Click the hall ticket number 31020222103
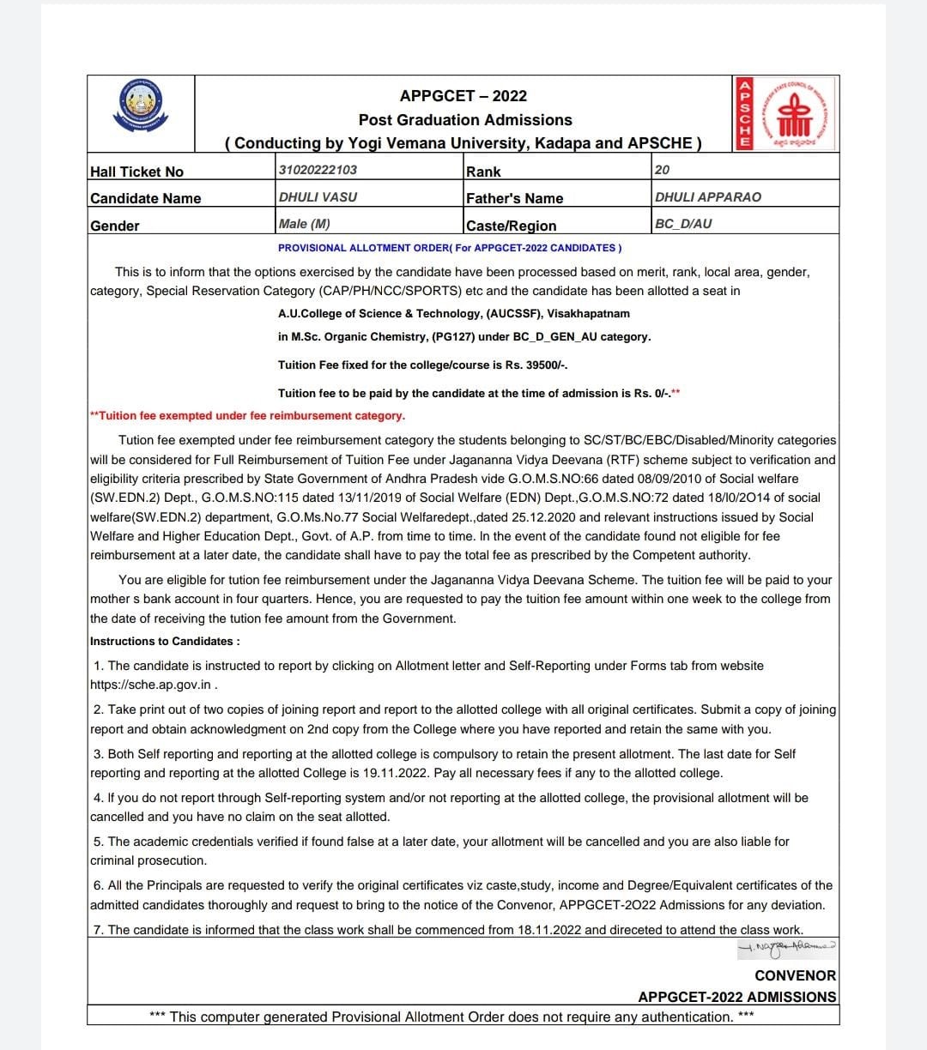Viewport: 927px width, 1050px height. pyautogui.click(x=318, y=170)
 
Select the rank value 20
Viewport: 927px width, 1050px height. pyautogui.click(x=662, y=170)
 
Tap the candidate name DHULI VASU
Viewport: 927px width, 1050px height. pyautogui.click(x=318, y=196)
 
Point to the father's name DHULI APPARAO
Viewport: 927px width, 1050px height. pyautogui.click(x=707, y=196)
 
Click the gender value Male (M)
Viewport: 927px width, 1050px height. pyautogui.click(x=304, y=224)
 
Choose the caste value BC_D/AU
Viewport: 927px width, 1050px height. pyautogui.click(x=683, y=224)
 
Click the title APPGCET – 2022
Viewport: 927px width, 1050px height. pyautogui.click(x=463, y=96)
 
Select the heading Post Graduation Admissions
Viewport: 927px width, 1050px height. pyautogui.click(x=465, y=120)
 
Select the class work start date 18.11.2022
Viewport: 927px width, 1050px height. pyautogui.click(x=548, y=929)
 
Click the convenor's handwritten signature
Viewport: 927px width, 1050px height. pyautogui.click(x=786, y=948)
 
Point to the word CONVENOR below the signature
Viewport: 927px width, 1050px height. pyautogui.click(x=795, y=975)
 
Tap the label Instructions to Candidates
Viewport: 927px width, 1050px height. pyautogui.click(x=165, y=641)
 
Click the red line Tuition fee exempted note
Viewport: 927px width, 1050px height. pyautogui.click(x=247, y=415)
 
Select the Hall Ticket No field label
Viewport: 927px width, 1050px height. pyautogui.click(x=136, y=172)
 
